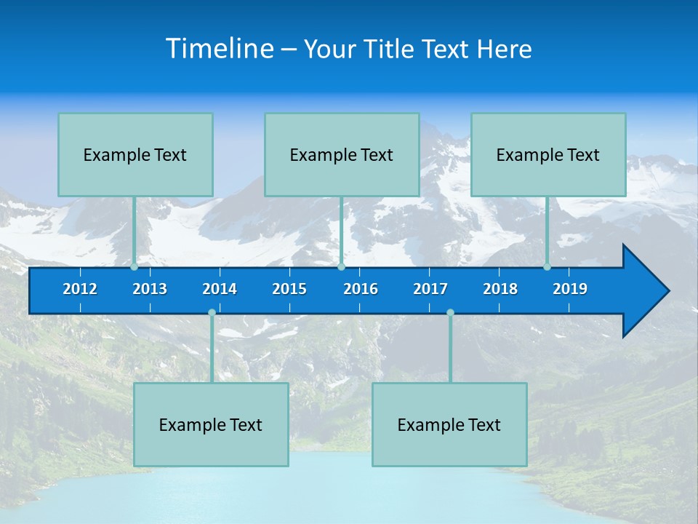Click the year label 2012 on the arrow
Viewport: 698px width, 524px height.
[80, 289]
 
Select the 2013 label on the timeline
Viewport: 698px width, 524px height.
[150, 289]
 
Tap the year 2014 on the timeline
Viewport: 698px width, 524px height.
[220, 289]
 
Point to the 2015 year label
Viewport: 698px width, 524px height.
[289, 289]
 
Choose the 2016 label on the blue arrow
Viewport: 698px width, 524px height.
[361, 289]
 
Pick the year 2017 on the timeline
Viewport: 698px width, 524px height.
[430, 289]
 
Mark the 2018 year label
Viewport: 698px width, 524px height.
[500, 289]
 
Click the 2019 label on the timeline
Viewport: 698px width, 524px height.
[570, 289]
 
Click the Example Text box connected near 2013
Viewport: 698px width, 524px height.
[135, 154]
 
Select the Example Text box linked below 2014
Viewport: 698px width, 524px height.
[211, 424]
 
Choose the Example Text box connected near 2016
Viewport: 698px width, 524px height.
[342, 154]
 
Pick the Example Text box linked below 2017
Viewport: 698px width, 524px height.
[449, 424]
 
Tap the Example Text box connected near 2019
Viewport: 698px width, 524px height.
[548, 154]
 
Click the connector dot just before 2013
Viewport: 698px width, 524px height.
[135, 266]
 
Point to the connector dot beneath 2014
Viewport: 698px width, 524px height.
[212, 313]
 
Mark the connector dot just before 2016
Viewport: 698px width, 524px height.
[341, 266]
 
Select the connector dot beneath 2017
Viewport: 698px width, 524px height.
[450, 313]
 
